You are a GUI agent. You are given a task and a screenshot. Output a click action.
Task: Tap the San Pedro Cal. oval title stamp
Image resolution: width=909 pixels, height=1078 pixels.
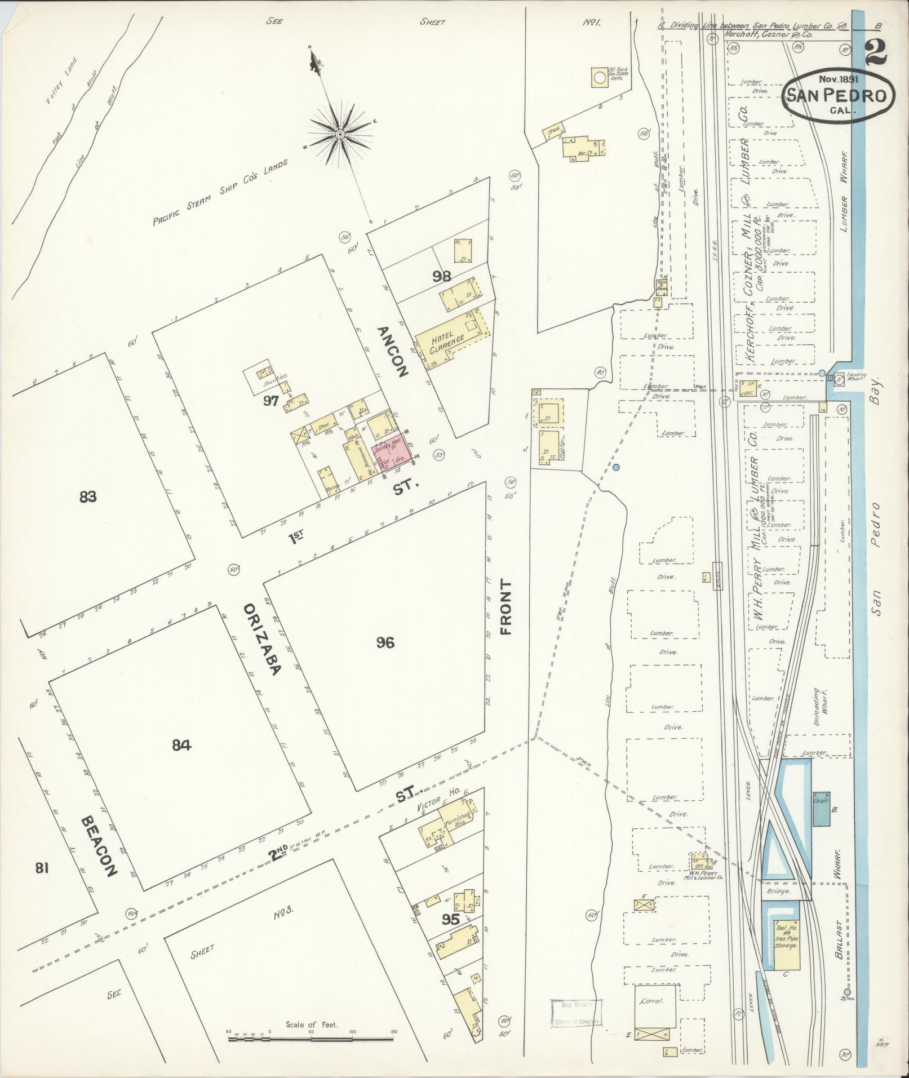pos(838,95)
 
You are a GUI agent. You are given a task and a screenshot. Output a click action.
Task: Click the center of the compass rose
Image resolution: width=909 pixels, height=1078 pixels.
pos(340,135)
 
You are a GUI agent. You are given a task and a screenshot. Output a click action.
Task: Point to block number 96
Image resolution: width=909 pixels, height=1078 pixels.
pos(385,642)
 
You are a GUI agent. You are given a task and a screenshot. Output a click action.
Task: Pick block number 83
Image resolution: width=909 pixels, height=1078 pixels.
pos(88,496)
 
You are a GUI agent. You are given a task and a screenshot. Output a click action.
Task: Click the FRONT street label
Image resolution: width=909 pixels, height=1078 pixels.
pos(506,607)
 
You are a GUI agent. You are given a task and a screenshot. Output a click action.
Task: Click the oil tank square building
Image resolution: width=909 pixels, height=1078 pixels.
pos(599,77)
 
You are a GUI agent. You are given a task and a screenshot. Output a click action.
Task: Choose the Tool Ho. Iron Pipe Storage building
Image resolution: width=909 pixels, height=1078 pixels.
pos(786,937)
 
